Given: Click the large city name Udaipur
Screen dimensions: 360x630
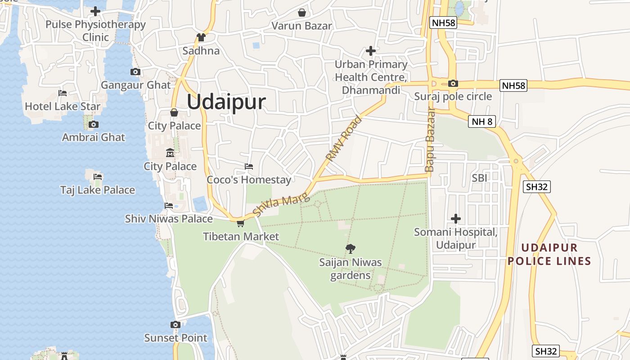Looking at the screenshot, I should pos(226,102).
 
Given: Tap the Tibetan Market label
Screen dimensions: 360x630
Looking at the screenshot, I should pos(241,236).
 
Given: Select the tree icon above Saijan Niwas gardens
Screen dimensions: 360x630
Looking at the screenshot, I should pos(351,248).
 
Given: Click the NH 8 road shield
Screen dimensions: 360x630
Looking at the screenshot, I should pos(481,121).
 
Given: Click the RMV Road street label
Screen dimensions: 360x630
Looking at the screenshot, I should pos(344,139).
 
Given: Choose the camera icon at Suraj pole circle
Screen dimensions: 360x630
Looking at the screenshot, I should pos(453,83).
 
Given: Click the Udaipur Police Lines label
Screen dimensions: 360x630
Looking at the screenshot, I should pos(549,254).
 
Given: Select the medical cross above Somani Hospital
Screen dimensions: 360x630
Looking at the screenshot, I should pos(456,219).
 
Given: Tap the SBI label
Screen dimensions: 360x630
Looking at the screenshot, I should pos(480,178).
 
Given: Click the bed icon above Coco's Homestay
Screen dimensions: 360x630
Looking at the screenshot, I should pos(249,166).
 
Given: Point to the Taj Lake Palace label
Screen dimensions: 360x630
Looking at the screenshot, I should pos(98,190).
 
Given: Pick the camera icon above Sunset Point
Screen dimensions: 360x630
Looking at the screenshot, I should pos(175,324).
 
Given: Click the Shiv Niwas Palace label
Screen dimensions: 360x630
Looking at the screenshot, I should pos(169,219).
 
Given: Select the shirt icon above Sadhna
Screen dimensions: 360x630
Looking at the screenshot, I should pos(201,37).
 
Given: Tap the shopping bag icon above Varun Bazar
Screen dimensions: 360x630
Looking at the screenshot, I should pos(301,13).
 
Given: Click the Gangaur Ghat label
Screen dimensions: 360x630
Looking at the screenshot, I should pos(136,85).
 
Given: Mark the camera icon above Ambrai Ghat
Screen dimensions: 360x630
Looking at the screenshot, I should pos(93,124).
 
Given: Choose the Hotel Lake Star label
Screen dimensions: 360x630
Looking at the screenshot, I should pos(63,107).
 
